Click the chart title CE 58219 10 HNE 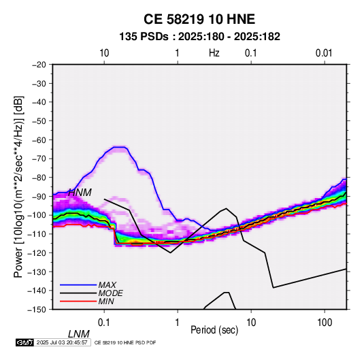pyautogui.click(x=199, y=19)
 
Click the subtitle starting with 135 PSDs pyautogui.click(x=199, y=37)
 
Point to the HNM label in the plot pyautogui.click(x=80, y=193)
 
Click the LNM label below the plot pyautogui.click(x=79, y=334)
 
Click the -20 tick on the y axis pyautogui.click(x=39, y=65)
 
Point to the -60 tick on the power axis pyautogui.click(x=39, y=140)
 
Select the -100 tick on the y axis pyautogui.click(x=37, y=215)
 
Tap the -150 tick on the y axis pyautogui.click(x=37, y=310)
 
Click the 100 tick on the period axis pyautogui.click(x=325, y=323)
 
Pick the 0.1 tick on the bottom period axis pyautogui.click(x=104, y=323)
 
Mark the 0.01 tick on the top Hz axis pyautogui.click(x=324, y=53)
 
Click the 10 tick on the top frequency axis pyautogui.click(x=104, y=53)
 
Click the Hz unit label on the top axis pyautogui.click(x=214, y=53)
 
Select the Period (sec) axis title pyautogui.click(x=214, y=330)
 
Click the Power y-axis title pyautogui.click(x=18, y=186)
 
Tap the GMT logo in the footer pyautogui.click(x=25, y=342)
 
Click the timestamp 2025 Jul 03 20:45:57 pyautogui.click(x=62, y=342)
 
